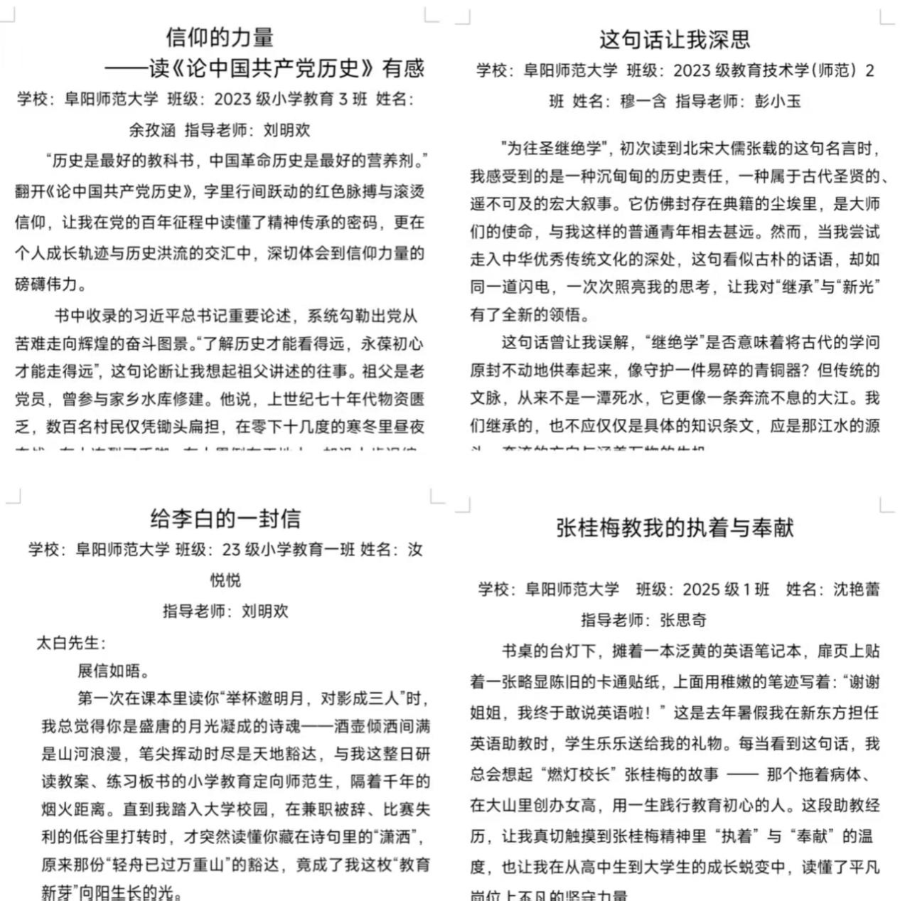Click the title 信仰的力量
pos(220,37)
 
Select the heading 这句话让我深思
pos(675,39)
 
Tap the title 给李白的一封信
pos(225,518)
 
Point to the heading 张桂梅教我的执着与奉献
pos(675,528)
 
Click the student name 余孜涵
pos(152,130)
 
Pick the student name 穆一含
pos(643,101)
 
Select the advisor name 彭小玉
pos(778,101)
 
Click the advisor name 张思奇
pos(683,620)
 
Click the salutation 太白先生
pos(68,644)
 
